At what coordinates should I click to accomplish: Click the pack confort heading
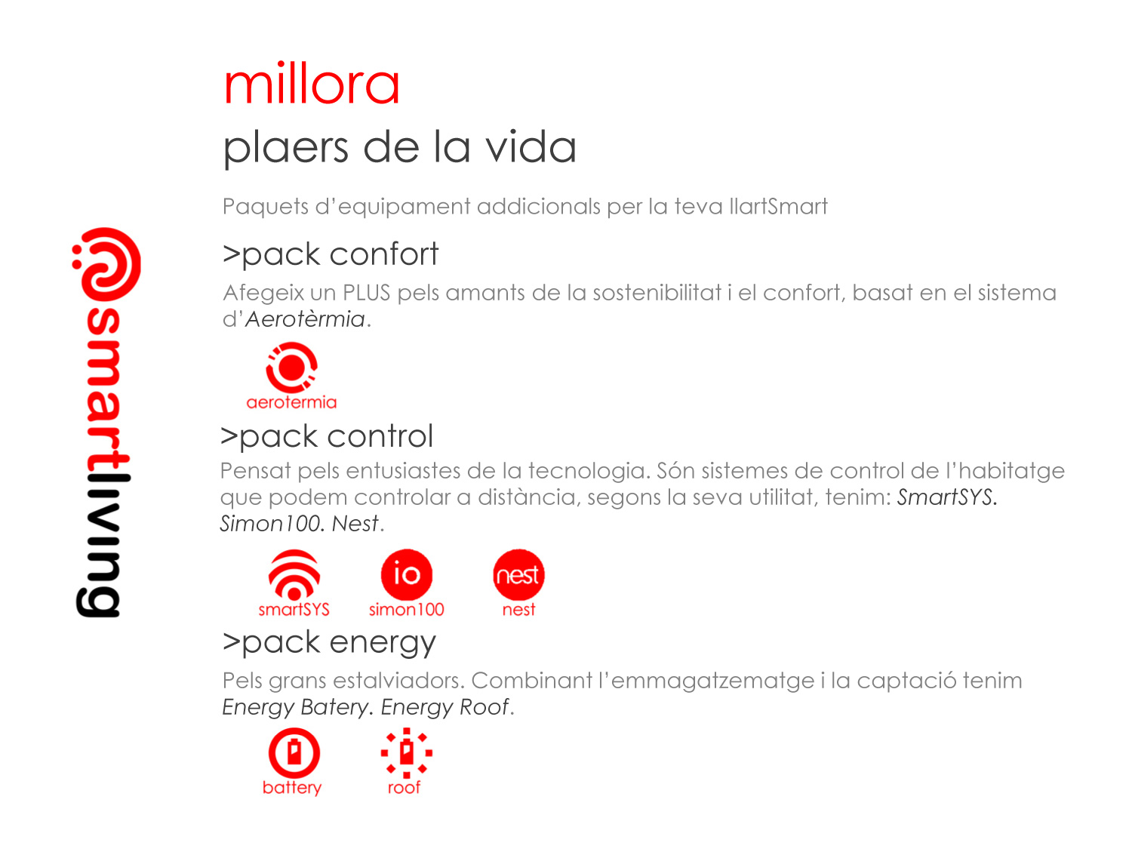(330, 254)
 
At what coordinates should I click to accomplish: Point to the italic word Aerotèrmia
(305, 319)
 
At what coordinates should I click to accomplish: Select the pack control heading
(327, 437)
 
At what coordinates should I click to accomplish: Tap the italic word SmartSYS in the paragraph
(945, 497)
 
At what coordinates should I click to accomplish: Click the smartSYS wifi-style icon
(294, 574)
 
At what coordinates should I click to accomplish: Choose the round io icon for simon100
(406, 574)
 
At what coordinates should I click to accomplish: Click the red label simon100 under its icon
(406, 609)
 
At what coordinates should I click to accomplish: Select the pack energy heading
(329, 643)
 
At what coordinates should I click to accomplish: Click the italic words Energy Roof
(444, 706)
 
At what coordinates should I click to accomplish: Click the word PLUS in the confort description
(366, 292)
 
